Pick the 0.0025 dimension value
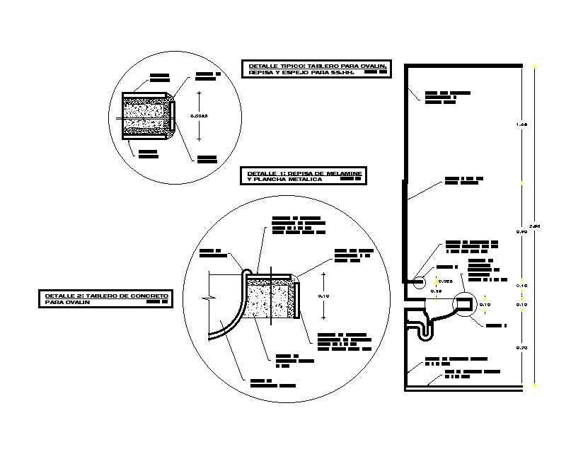(x=200, y=114)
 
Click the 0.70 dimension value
(x=521, y=347)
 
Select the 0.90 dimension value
(x=521, y=231)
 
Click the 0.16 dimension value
(x=436, y=291)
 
